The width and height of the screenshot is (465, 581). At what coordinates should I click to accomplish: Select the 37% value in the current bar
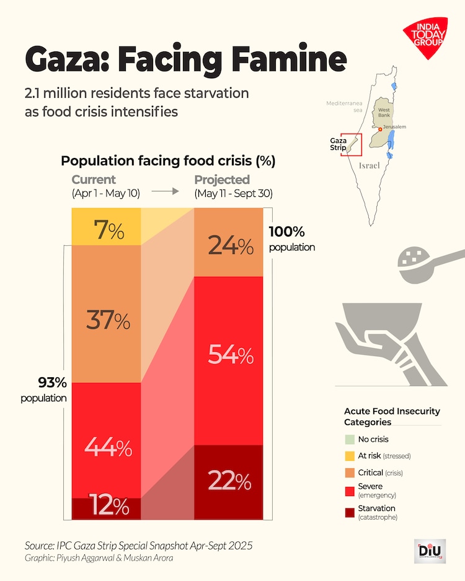[x=107, y=321]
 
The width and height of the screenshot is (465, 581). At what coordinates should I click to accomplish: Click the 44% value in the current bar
[x=108, y=447]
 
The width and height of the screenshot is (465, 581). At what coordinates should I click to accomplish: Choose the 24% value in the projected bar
[x=230, y=247]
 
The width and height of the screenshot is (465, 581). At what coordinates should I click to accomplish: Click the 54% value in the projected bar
[x=230, y=355]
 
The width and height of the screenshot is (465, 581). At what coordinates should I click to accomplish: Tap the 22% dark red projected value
[x=229, y=481]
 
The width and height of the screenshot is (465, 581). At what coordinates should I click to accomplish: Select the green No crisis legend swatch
[x=349, y=439]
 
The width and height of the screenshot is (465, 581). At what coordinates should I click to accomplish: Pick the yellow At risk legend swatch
[x=349, y=456]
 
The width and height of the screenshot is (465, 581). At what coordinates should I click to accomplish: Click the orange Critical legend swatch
[x=349, y=473]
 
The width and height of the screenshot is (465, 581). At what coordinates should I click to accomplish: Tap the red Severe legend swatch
[x=349, y=490]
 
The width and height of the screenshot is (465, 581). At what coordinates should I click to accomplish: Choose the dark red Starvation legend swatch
[x=349, y=512]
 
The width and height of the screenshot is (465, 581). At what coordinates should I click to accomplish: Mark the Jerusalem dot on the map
[x=381, y=128]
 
